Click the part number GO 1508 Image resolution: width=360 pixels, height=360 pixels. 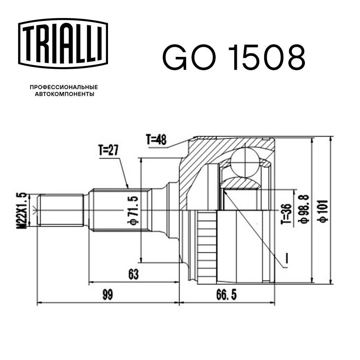point(234,58)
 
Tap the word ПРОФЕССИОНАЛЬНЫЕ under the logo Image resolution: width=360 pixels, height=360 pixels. point(64,87)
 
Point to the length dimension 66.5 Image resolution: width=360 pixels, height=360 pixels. point(227,295)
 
